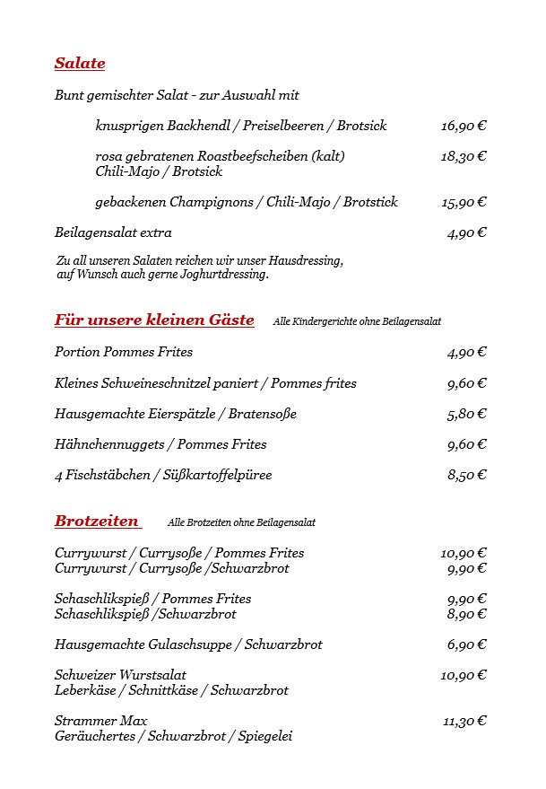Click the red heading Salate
click(80, 64)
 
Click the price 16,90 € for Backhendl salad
click(463, 126)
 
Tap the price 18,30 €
click(463, 156)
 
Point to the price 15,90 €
click(463, 202)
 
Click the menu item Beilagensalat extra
click(113, 233)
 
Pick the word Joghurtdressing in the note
click(228, 275)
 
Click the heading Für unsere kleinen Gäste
click(154, 320)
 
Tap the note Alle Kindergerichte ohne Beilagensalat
click(357, 321)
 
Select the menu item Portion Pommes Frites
click(124, 352)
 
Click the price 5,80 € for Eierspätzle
click(466, 414)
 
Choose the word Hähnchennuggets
click(111, 444)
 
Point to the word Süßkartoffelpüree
click(221, 475)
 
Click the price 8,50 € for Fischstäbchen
click(466, 475)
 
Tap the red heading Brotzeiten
click(97, 522)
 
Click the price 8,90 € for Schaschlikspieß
click(466, 614)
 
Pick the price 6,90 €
click(466, 644)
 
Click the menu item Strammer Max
click(100, 721)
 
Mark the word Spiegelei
click(264, 737)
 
